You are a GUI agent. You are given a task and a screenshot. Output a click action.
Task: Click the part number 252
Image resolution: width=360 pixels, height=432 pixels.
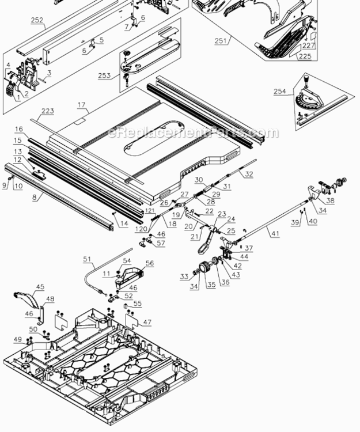pos(37,20)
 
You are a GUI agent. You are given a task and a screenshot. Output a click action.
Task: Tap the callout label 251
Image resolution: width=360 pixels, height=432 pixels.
pos(221,40)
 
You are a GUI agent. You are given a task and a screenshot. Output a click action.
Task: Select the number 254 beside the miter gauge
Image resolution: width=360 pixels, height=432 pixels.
pos(279,91)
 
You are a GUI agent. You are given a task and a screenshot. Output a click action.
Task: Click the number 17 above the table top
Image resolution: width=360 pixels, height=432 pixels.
pos(81,105)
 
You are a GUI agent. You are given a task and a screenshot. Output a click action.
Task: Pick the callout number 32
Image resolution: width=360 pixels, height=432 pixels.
pos(249,173)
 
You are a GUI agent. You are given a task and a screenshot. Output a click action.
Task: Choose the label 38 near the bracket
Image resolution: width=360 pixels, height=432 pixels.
pos(330,201)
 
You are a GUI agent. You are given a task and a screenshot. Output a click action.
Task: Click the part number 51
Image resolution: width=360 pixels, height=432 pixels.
pos(87,259)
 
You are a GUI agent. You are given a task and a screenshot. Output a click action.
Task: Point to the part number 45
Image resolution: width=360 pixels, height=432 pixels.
pos(40,286)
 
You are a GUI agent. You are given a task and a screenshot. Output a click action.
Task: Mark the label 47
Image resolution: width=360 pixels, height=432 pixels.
pos(147,323)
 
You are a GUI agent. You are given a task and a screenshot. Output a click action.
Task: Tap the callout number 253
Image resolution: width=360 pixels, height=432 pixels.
pos(104,75)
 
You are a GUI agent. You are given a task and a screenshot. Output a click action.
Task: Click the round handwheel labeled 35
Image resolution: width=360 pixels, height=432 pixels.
pos(203,270)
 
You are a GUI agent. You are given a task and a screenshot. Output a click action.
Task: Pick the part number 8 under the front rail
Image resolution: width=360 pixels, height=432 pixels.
pos(34,197)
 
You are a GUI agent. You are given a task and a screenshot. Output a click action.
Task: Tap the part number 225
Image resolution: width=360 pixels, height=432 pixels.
pos(304,56)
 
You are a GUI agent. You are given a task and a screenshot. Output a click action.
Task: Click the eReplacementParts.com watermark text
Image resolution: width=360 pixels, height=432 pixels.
pos(193,133)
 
